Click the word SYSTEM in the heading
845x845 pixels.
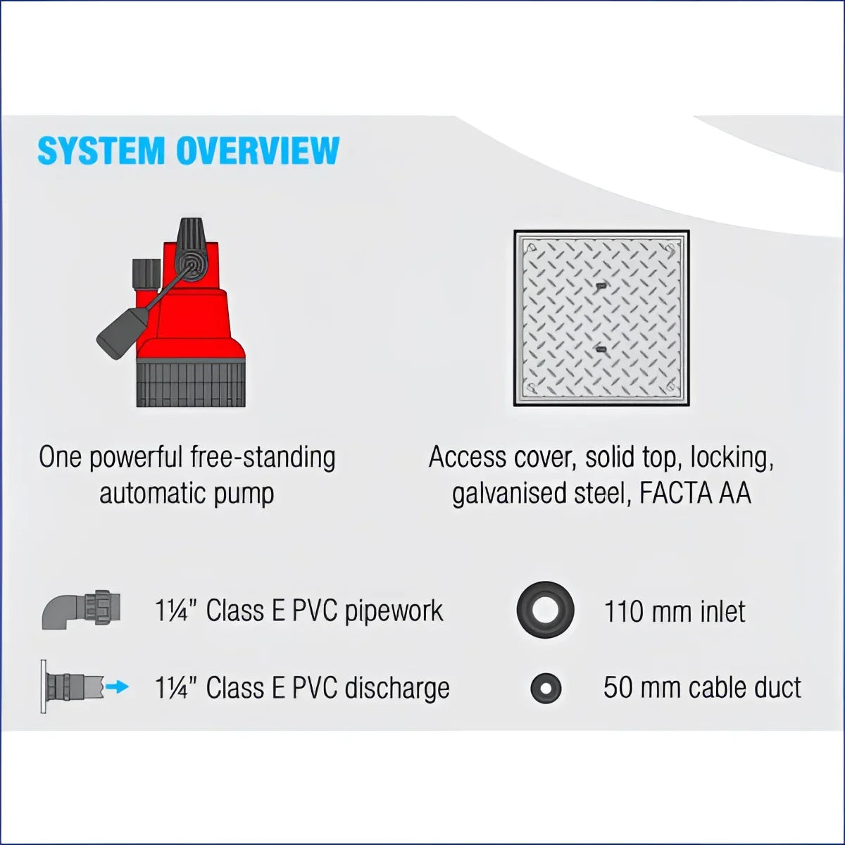point(100,151)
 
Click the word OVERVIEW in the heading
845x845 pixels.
point(258,151)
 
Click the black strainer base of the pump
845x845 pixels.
point(191,382)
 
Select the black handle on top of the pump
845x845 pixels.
point(192,249)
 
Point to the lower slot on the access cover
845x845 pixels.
point(599,349)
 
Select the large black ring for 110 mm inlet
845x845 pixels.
point(545,609)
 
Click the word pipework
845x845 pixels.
point(394,611)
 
